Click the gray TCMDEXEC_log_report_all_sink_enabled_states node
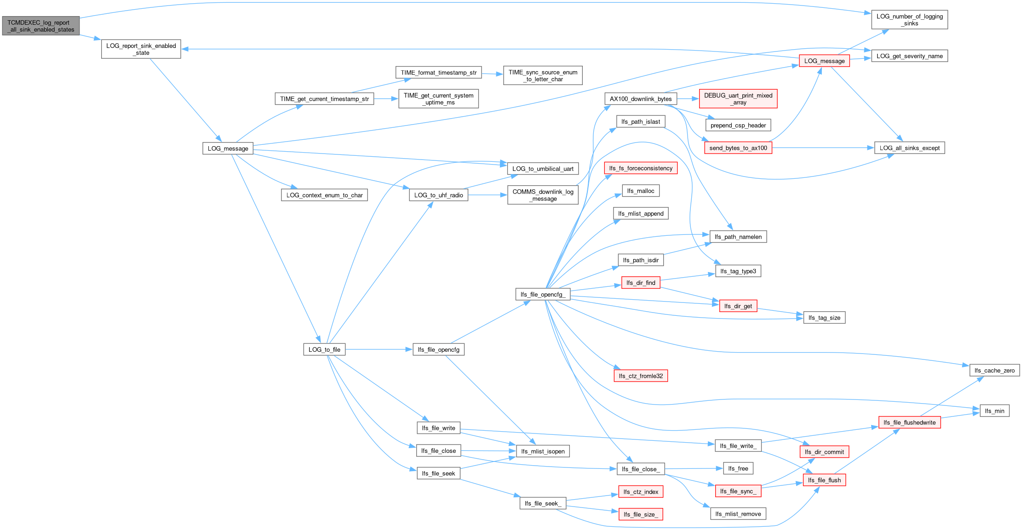tap(41, 26)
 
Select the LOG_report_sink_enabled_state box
tap(141, 49)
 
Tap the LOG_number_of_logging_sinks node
tap(909, 20)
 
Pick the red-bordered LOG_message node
tap(824, 61)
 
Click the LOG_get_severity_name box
tap(909, 56)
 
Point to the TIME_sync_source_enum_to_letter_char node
tap(543, 75)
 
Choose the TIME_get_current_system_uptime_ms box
tap(438, 99)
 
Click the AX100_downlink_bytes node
tap(641, 99)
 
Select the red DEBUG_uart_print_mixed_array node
tap(738, 99)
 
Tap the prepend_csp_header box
tap(738, 125)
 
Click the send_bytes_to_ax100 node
tap(738, 148)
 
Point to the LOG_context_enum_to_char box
tap(324, 195)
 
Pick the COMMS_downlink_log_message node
tap(543, 195)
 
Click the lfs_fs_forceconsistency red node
tap(641, 168)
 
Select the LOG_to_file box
tap(324, 349)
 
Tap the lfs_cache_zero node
tap(994, 370)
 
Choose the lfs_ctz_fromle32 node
tap(641, 376)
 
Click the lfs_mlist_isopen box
tap(543, 451)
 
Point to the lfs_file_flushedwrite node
tap(909, 422)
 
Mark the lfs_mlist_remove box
tap(738, 514)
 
